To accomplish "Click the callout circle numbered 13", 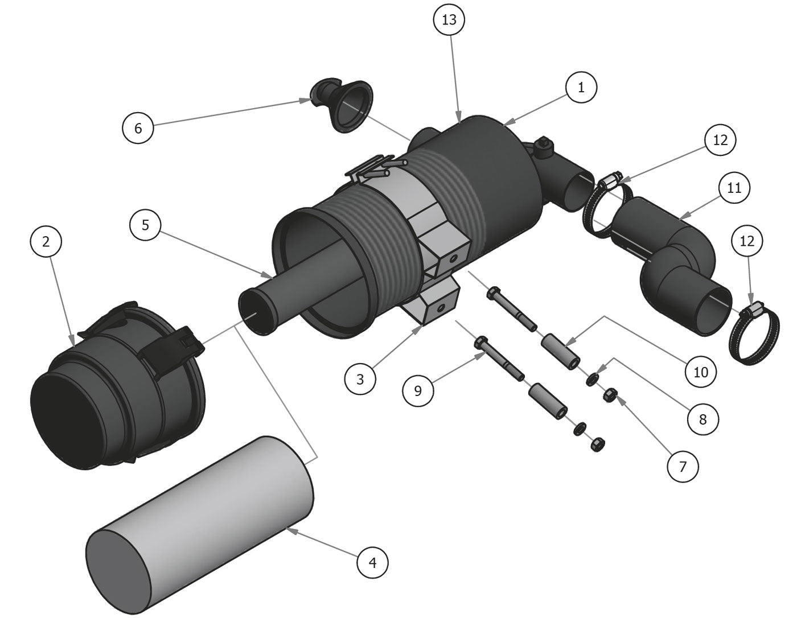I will [449, 20].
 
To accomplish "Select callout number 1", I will [581, 88].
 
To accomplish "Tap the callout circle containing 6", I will [138, 128].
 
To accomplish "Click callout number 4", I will [373, 563].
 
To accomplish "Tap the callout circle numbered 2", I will [46, 241].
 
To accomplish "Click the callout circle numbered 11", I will [734, 187].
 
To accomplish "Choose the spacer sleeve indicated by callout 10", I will [561, 353].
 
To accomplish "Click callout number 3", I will [360, 379].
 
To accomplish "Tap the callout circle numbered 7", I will [683, 467].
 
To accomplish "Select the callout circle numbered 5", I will [145, 225].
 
